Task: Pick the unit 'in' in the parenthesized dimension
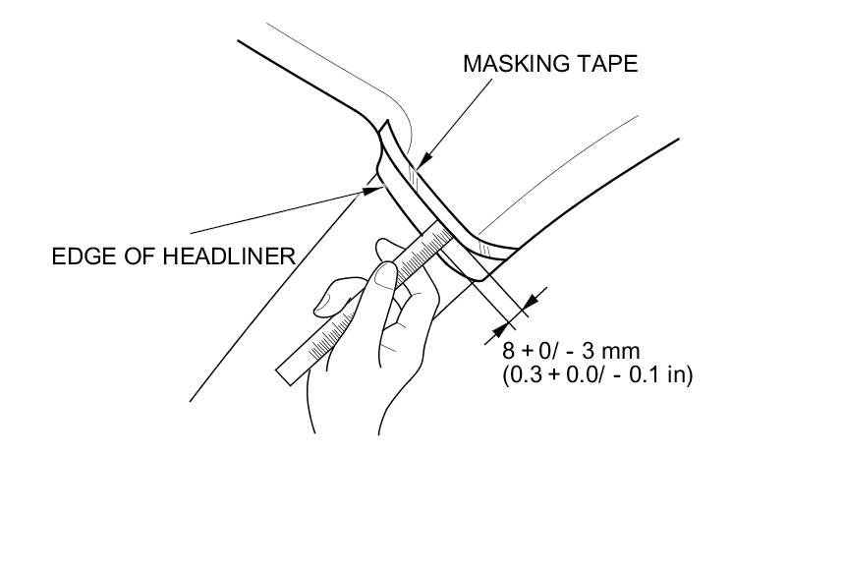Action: tap(677, 373)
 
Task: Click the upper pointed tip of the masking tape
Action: tap(386, 122)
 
